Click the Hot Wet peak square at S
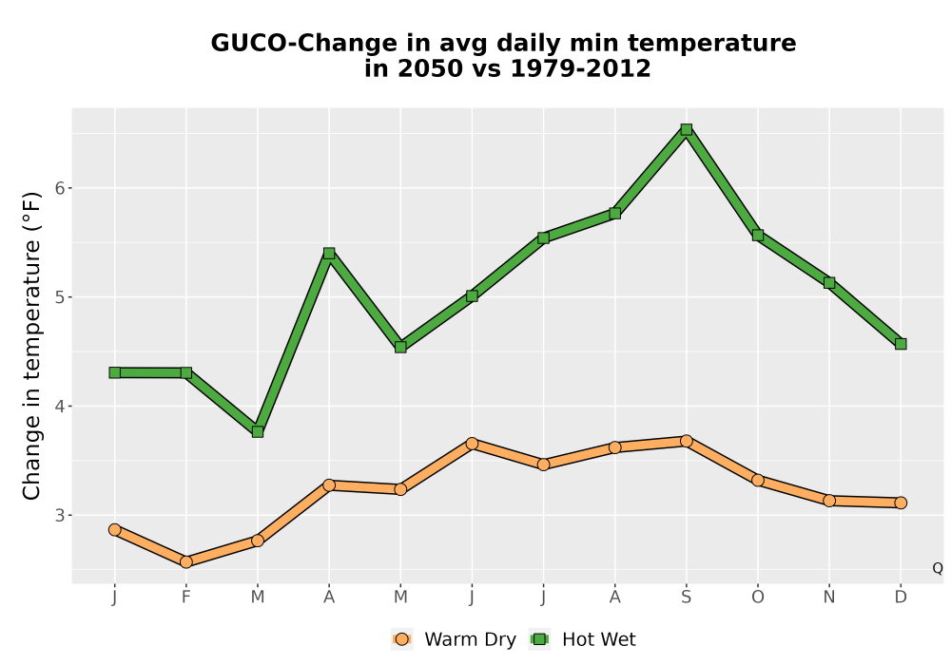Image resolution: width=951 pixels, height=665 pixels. tap(686, 129)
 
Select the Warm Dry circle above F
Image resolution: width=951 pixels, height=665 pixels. tap(186, 562)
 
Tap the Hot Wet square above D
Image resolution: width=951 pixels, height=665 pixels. tap(901, 344)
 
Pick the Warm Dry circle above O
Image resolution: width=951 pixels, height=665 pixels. tap(758, 481)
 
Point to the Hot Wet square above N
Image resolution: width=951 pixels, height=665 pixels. tap(829, 283)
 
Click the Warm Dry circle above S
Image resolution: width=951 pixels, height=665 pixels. tap(686, 441)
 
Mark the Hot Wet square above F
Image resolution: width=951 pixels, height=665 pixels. tap(186, 372)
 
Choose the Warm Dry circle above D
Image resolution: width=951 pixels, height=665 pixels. tap(901, 503)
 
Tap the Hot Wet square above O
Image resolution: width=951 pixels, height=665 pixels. tap(758, 235)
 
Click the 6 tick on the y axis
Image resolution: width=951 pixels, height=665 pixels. tap(69, 188)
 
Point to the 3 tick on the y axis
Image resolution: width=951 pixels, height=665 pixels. tap(69, 515)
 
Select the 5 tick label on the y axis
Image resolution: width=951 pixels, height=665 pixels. tap(59, 297)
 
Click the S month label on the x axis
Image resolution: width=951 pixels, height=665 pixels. tap(686, 598)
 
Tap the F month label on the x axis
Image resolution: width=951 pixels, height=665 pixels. tap(186, 598)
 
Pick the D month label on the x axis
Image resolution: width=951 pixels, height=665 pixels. tap(901, 598)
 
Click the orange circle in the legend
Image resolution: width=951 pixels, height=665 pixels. tap(401, 639)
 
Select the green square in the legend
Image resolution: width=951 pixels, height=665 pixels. tap(539, 639)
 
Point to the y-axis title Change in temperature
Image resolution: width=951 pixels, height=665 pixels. tap(31, 346)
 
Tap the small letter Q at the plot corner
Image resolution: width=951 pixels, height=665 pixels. tap(938, 568)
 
